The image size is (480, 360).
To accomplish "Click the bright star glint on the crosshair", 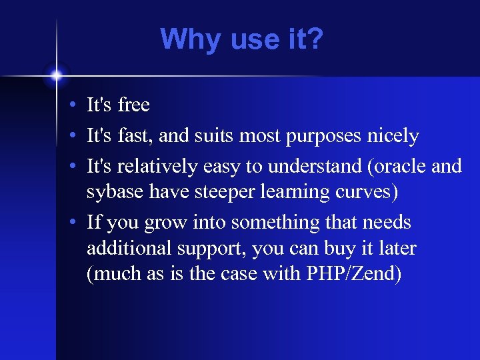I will pyautogui.click(x=56, y=75).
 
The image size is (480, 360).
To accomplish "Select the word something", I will pyautogui.click(x=265, y=223).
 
